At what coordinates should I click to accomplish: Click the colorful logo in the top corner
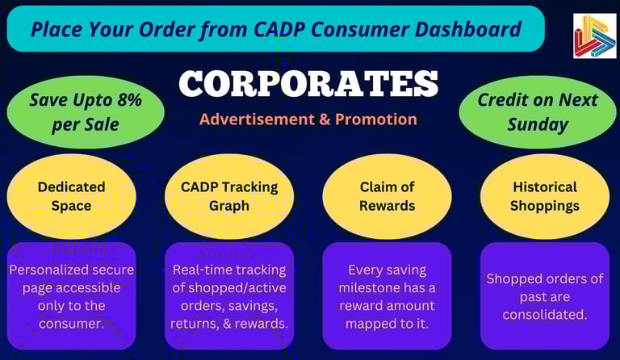(594, 36)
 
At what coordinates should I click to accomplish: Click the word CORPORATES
(308, 83)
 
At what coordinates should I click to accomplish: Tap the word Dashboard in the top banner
(468, 29)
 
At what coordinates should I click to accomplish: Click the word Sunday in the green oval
(538, 124)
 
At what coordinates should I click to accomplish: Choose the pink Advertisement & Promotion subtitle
(308, 119)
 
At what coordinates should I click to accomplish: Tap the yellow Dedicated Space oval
(72, 196)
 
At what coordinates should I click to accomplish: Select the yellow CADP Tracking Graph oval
(229, 196)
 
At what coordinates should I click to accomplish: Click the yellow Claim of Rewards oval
(387, 196)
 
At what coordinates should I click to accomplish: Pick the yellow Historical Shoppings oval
(545, 196)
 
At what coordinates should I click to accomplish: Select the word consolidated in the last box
(545, 315)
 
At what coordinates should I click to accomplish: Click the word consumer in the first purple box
(71, 324)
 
